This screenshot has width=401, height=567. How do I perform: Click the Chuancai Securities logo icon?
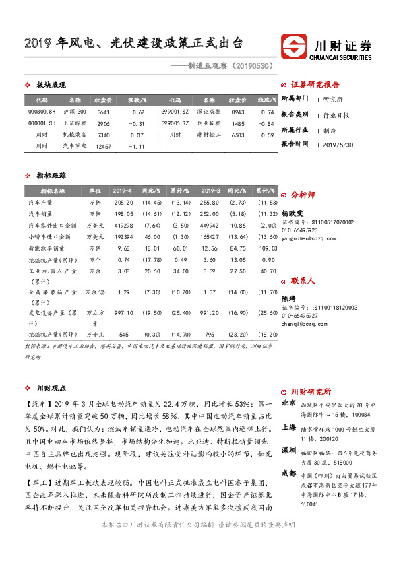[295, 48]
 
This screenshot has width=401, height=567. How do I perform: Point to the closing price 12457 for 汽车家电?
[103, 146]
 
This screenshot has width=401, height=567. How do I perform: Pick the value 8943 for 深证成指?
[237, 111]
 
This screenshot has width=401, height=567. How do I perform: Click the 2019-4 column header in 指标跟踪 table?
[122, 191]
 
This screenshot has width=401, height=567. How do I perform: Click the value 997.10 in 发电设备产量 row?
[123, 313]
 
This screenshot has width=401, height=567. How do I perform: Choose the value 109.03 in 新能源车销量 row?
[268, 248]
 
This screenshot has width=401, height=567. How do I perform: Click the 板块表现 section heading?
[51, 85]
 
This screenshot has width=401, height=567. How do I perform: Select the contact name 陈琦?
[288, 298]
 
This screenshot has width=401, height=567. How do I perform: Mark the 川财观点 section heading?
[51, 388]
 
